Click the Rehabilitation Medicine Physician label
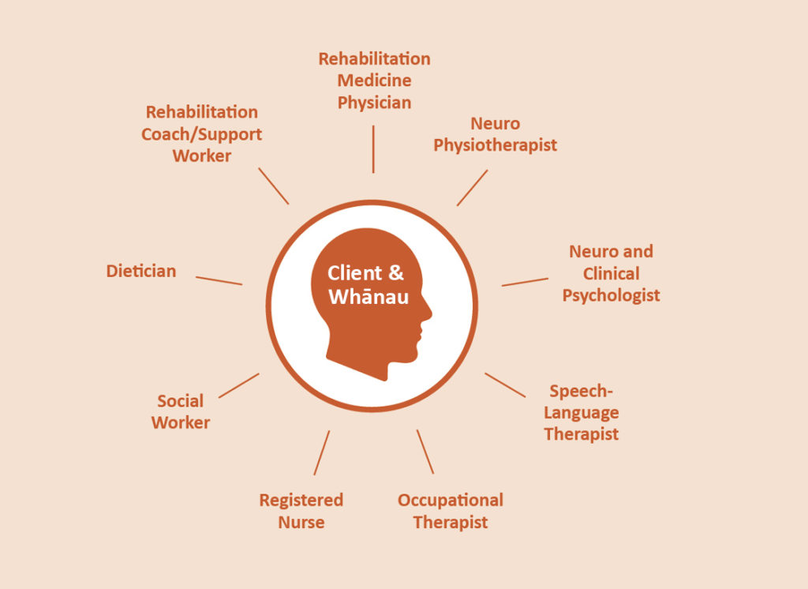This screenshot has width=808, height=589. (374, 81)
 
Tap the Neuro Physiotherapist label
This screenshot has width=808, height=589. (495, 134)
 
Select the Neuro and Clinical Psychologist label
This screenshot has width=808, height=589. (612, 273)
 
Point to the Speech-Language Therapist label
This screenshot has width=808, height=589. (582, 412)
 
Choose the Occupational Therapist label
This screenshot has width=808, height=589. (451, 511)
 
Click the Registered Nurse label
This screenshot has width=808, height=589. (301, 511)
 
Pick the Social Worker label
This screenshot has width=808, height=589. (181, 411)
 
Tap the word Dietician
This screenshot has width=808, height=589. (141, 271)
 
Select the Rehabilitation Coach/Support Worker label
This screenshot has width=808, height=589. (201, 133)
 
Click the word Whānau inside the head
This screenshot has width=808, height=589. (368, 297)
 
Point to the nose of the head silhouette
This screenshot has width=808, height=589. (428, 312)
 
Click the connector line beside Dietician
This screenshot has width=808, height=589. (219, 280)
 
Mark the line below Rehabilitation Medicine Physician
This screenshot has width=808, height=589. (373, 148)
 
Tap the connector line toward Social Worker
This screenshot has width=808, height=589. (238, 386)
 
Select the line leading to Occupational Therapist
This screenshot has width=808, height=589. (425, 452)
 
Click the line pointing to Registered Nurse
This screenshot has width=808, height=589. (322, 453)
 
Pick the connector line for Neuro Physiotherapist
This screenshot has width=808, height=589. (472, 188)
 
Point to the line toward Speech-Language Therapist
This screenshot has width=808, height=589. (505, 385)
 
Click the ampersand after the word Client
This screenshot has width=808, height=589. (396, 272)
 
